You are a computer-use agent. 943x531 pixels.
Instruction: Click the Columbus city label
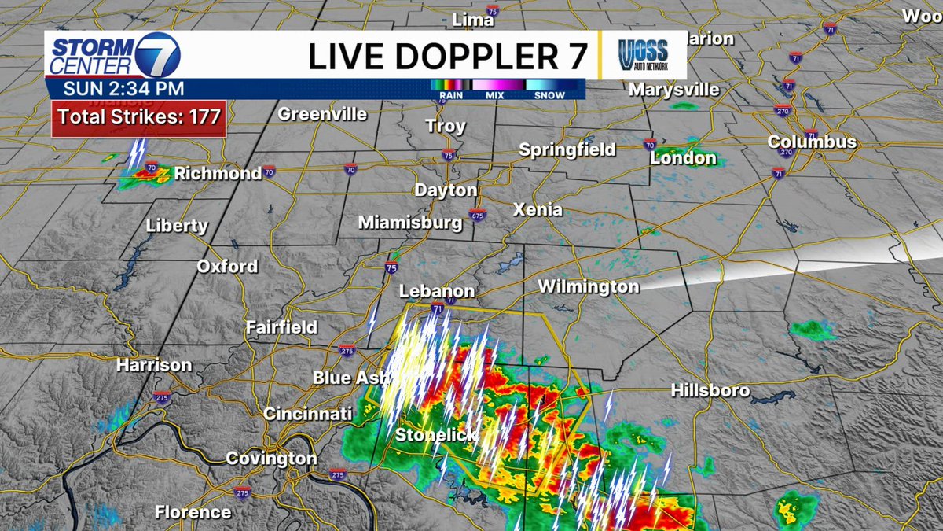[x=812, y=143]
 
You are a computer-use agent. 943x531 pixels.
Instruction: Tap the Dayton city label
[x=446, y=190]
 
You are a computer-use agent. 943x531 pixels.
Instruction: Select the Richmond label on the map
[x=218, y=173]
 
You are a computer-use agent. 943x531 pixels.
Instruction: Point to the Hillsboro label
[x=710, y=390]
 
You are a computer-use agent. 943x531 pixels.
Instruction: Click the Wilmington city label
[x=588, y=287]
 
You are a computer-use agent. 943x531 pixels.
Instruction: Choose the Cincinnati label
[x=307, y=413]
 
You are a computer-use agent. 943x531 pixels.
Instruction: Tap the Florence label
[x=193, y=512]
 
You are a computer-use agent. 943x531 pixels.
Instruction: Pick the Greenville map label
[x=322, y=114]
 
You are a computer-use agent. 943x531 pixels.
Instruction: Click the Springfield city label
[x=567, y=149]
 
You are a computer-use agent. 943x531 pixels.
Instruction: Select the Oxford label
[x=226, y=266]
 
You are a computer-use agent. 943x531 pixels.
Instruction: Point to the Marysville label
[x=673, y=90]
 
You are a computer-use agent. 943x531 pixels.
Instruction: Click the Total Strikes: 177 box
[x=139, y=118]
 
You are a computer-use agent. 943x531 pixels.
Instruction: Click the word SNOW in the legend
[x=549, y=95]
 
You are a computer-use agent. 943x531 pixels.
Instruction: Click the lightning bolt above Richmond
[x=138, y=153]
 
